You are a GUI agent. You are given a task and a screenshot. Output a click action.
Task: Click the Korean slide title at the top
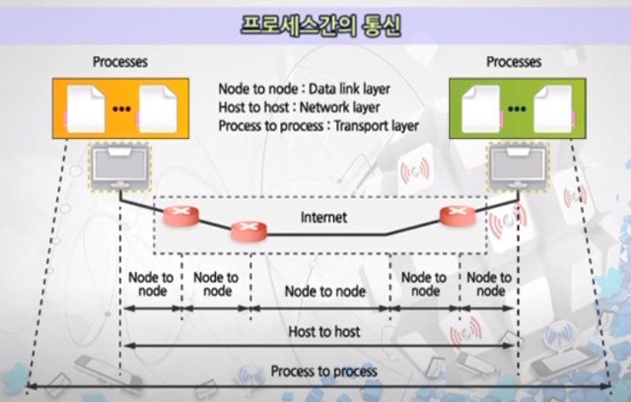[315, 23]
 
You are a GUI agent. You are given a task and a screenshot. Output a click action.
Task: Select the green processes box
[517, 108]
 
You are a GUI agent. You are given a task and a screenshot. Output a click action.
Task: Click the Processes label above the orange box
[120, 62]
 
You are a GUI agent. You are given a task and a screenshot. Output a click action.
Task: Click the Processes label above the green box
[513, 62]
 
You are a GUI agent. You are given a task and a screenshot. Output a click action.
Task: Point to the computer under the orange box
[119, 166]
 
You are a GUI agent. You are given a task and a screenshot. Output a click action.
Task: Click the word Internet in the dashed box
[324, 218]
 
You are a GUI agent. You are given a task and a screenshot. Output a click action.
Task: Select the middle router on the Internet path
[249, 230]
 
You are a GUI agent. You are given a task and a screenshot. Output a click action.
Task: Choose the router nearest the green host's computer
[455, 217]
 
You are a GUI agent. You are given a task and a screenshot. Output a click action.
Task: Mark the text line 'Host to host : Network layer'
[299, 108]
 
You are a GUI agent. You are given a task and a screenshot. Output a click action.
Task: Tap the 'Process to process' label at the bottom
[324, 372]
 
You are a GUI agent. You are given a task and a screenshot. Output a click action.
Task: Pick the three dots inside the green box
[515, 110]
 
